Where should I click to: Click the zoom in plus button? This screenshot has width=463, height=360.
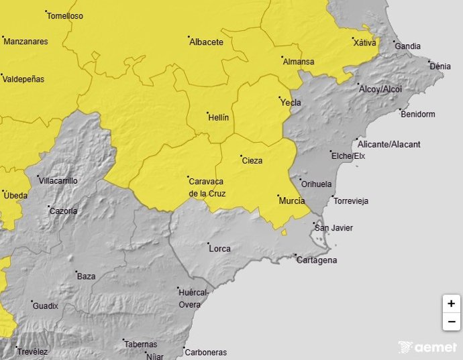[x=451, y=304]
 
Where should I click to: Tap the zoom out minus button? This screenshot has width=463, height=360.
[x=451, y=322]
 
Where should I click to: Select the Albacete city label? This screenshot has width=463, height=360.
[x=206, y=42]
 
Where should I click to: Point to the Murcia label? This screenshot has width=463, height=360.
[x=292, y=201]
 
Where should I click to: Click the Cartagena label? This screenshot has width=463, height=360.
[x=317, y=261]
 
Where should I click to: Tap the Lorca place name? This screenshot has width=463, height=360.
[x=220, y=249]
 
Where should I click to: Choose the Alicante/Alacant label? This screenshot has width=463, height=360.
[x=389, y=145]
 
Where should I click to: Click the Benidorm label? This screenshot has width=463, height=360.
[x=418, y=115]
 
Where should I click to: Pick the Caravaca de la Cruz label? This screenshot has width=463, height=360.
[x=207, y=188]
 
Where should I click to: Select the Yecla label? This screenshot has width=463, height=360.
[x=291, y=103]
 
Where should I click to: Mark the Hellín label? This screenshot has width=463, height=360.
[x=219, y=118]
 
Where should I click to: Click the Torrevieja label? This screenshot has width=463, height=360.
[x=351, y=201]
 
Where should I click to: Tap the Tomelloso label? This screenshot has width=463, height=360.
[x=65, y=16]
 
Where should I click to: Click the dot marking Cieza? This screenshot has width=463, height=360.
[x=241, y=156]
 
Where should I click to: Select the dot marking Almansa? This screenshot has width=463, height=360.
[x=282, y=58]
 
